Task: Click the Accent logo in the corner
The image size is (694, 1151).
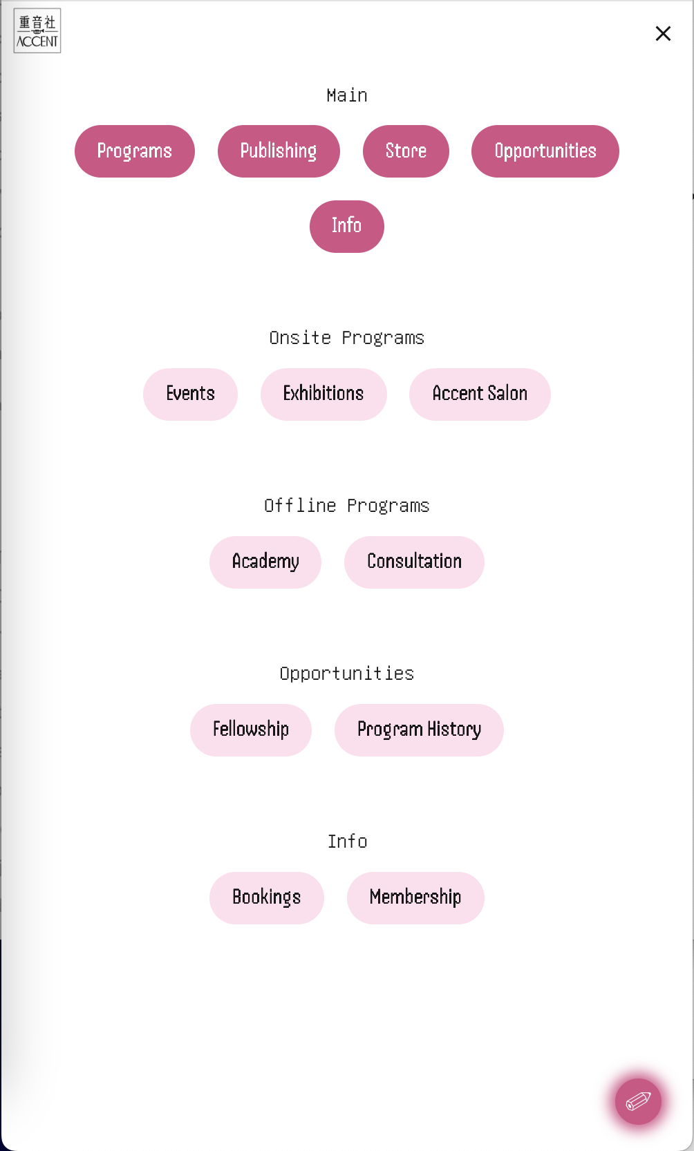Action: pyautogui.click(x=37, y=31)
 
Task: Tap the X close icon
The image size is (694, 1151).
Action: pyautogui.click(x=663, y=34)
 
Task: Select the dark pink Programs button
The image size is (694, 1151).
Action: pyautogui.click(x=135, y=151)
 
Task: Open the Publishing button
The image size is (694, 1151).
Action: pyautogui.click(x=279, y=151)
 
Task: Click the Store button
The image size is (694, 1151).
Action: pyautogui.click(x=406, y=151)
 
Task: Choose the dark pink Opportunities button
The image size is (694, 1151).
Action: pyautogui.click(x=545, y=151)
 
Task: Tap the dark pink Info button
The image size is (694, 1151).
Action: pyautogui.click(x=347, y=227)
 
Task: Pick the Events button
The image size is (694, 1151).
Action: pyautogui.click(x=190, y=394)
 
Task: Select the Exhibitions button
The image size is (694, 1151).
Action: pyautogui.click(x=323, y=394)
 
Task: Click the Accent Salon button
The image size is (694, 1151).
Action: pyautogui.click(x=480, y=394)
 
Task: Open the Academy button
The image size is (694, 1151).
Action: pyautogui.click(x=265, y=562)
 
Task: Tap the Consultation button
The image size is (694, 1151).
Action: pyautogui.click(x=414, y=562)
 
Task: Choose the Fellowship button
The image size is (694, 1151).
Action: pyautogui.click(x=251, y=730)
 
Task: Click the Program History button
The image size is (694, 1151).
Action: pyautogui.click(x=419, y=730)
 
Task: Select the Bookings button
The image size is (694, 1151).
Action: pyautogui.click(x=267, y=898)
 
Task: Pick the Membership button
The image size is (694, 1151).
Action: pyautogui.click(x=415, y=898)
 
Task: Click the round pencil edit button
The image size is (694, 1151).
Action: pyautogui.click(x=639, y=1102)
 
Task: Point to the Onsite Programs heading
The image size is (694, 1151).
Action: pyautogui.click(x=347, y=338)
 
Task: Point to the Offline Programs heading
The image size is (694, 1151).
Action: pyautogui.click(x=347, y=506)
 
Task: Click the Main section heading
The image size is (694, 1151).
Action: pyautogui.click(x=347, y=95)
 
